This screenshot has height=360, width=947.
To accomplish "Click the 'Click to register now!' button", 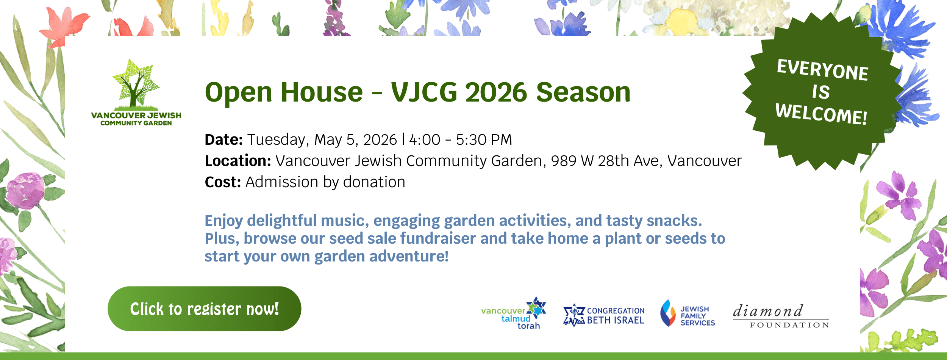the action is [x=204, y=309].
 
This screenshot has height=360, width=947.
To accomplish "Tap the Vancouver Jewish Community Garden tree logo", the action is [x=136, y=92].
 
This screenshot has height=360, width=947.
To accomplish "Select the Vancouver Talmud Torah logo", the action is [x=514, y=313].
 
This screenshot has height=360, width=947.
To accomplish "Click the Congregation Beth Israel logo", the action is [x=604, y=315].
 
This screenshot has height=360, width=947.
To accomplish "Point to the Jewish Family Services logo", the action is [x=688, y=313].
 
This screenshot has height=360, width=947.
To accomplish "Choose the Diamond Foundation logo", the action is [x=781, y=316].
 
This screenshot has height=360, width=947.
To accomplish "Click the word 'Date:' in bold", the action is [x=223, y=140].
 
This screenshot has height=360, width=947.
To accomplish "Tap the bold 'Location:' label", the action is [x=238, y=161].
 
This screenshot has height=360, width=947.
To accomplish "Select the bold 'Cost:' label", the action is [x=223, y=182].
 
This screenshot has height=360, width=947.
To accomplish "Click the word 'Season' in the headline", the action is [x=584, y=92].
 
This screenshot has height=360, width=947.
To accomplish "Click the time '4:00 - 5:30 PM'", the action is [x=461, y=140].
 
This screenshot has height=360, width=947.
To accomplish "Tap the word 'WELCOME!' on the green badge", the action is [x=821, y=114].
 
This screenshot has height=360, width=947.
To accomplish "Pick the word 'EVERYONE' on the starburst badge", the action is [x=823, y=70].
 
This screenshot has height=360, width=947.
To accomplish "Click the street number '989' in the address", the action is [x=564, y=161].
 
